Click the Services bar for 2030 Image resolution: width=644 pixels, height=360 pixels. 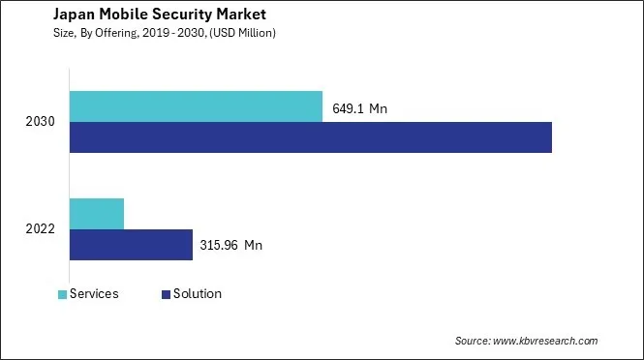(196, 106)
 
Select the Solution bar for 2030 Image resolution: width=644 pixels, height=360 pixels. (310, 137)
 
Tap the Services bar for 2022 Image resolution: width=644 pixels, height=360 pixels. (97, 213)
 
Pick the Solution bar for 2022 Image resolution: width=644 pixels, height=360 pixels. (131, 245)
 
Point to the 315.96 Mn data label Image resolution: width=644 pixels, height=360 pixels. (230, 246)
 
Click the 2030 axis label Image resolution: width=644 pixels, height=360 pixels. (41, 122)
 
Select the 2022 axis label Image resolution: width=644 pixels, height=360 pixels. (41, 229)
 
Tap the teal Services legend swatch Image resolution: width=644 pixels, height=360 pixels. (63, 294)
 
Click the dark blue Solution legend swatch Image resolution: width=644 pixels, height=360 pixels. (166, 294)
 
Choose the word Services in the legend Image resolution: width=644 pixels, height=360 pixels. (95, 294)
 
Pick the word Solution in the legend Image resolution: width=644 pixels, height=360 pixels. (199, 294)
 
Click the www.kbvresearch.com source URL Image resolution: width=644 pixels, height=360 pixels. (546, 341)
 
